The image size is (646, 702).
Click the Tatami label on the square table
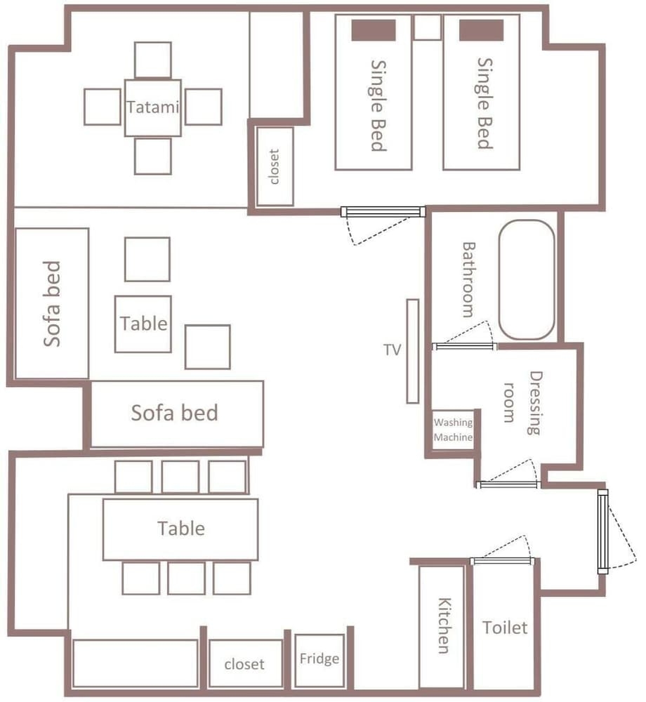153,107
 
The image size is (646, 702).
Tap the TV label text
393,350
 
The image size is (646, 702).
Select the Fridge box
319,661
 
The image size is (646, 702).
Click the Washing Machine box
453,430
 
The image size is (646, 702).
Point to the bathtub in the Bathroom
527,280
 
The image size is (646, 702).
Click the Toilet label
505,628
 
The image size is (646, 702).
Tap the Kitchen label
444,625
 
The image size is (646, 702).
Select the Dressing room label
522,402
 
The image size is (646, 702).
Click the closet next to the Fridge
246,663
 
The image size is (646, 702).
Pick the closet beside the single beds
275,166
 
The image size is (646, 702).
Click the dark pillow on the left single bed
374,30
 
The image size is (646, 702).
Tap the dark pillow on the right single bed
481,30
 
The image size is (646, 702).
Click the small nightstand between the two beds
428,27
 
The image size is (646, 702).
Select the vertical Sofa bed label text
52,303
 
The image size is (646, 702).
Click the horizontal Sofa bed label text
175,413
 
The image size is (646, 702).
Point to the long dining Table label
181,529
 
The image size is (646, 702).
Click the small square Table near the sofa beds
143,324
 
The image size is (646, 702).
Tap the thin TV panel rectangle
413,352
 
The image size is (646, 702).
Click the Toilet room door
502,561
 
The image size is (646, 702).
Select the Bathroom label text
468,280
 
